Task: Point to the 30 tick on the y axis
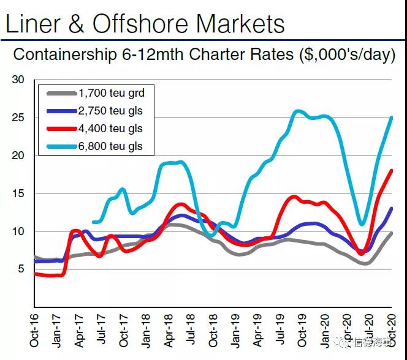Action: (x=18, y=80)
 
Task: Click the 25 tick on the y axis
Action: (x=18, y=118)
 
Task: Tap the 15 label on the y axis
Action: (x=18, y=193)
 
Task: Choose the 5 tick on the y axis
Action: (x=21, y=269)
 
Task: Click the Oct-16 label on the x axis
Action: (x=34, y=331)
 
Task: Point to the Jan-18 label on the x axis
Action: (x=146, y=331)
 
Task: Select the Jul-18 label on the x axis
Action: (x=191, y=331)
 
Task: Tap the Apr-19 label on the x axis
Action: (x=258, y=331)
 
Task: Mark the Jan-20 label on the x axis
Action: (x=325, y=331)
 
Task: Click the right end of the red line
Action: (x=391, y=171)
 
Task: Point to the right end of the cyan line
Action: (x=391, y=118)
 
